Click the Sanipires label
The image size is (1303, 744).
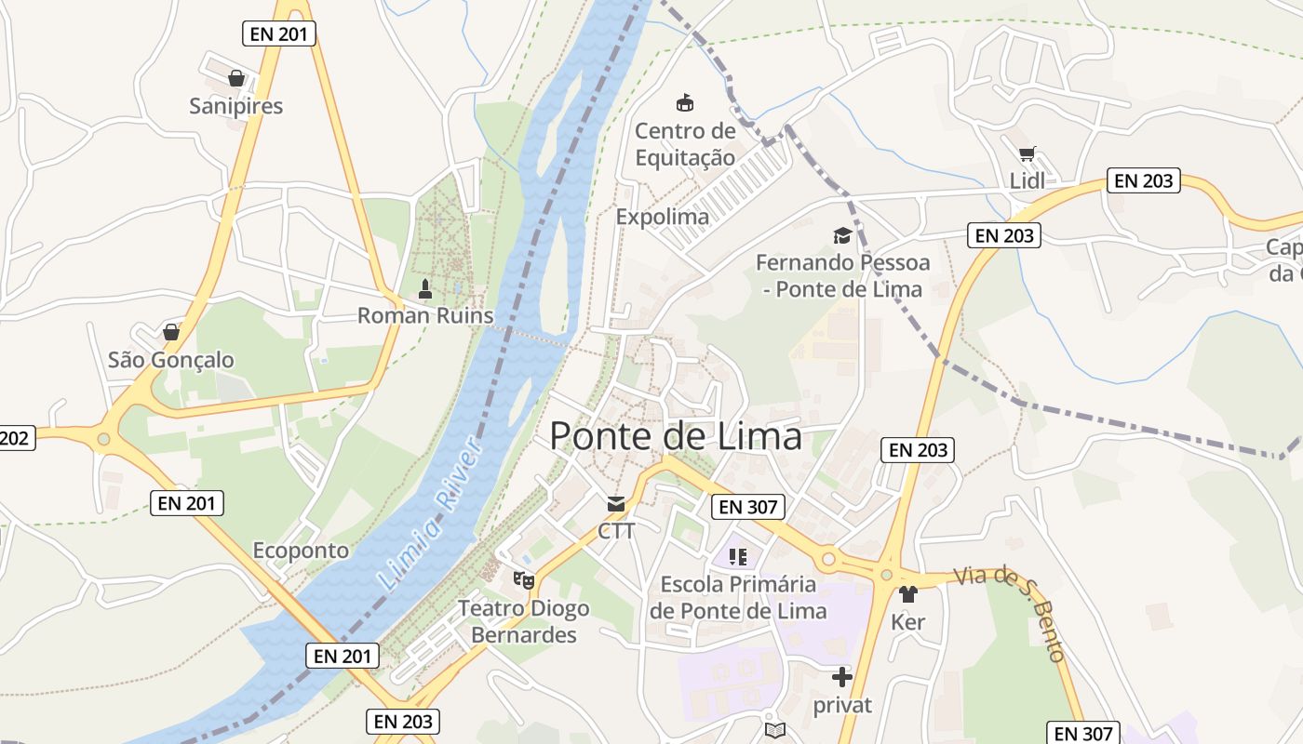[x=236, y=106]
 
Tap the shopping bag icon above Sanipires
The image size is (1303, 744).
[x=236, y=78]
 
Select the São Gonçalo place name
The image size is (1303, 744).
[x=171, y=360]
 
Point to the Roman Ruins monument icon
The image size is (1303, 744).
[x=425, y=289]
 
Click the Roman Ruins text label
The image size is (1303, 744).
[x=425, y=315]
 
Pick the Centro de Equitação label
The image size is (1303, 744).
[x=685, y=144]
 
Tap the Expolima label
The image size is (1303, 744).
[x=663, y=217]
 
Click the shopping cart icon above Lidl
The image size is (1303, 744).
[x=1027, y=154]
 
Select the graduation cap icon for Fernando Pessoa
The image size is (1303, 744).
[x=842, y=235]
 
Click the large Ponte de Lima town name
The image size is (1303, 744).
[x=676, y=436]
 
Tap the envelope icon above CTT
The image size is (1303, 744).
[x=616, y=504]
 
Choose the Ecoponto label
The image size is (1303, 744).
[x=301, y=551]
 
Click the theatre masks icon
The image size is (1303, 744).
[x=524, y=580]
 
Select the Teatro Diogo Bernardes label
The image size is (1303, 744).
[x=524, y=622]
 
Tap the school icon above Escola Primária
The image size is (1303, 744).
[x=738, y=557]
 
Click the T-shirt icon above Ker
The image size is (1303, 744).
[x=908, y=594]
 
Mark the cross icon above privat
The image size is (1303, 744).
[x=842, y=677]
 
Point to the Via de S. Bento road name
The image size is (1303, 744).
[x=1011, y=608]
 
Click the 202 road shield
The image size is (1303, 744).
[x=16, y=438]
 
